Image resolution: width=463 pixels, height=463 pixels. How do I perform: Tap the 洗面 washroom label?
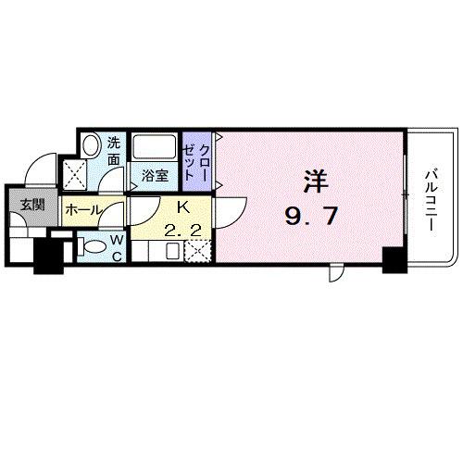[x=113, y=151]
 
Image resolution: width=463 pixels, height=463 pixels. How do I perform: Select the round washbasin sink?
[x=92, y=144]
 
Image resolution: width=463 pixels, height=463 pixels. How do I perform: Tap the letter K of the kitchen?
[x=182, y=208]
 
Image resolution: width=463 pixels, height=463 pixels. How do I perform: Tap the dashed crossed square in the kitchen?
[x=197, y=250]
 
